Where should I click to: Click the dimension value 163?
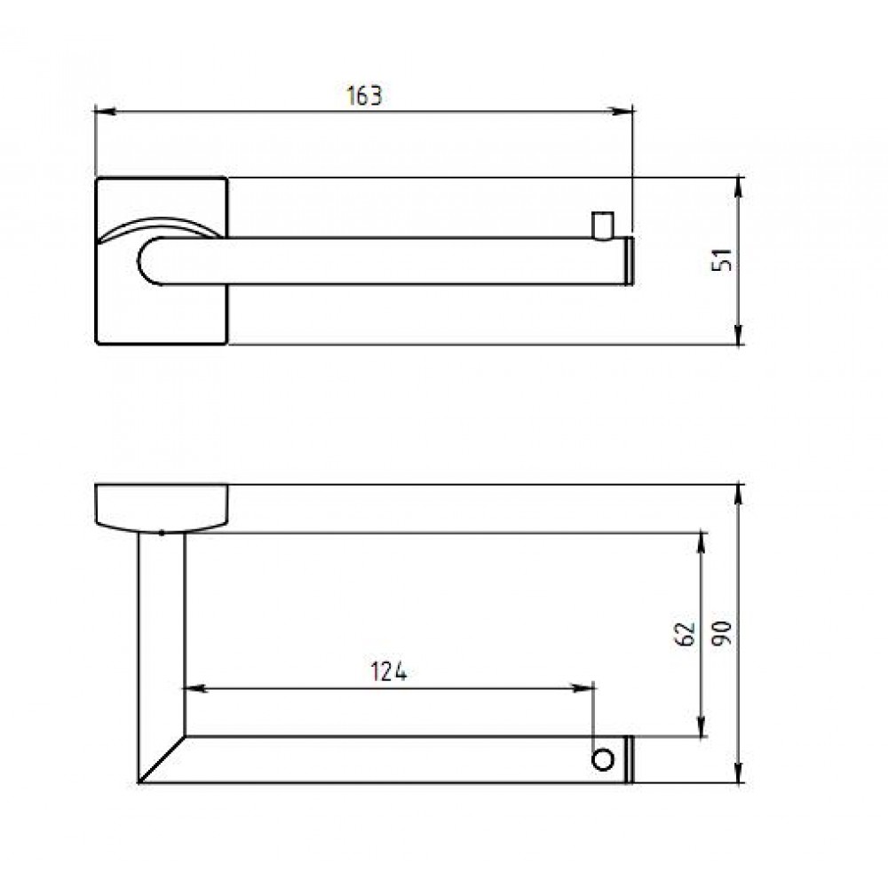coord(364,96)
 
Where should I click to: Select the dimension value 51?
coord(722,260)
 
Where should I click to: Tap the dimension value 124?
coord(389,671)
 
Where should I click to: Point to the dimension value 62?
coord(686,634)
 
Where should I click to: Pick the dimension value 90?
coord(722,633)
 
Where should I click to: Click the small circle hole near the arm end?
coord(603,759)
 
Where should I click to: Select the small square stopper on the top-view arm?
coord(603,225)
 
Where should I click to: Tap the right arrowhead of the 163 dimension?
coord(622,112)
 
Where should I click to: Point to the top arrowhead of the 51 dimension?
coord(739,188)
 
